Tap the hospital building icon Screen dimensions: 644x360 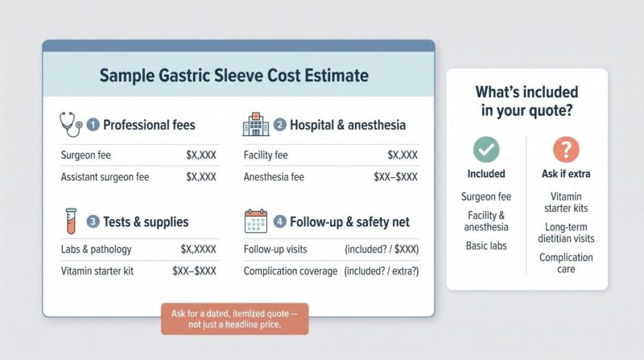[x=256, y=124]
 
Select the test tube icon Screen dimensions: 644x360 [x=71, y=221]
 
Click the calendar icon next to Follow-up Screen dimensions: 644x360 [x=256, y=221]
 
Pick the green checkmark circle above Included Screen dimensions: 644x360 [x=486, y=150]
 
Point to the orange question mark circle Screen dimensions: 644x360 [x=566, y=150]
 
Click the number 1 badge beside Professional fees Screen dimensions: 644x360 [x=93, y=125]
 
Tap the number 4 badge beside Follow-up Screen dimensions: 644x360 [x=279, y=222]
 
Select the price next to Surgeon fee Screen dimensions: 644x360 [x=200, y=155]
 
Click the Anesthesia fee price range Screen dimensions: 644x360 [x=395, y=176]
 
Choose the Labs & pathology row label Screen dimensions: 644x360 [x=96, y=249]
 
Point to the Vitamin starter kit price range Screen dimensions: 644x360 [x=194, y=271]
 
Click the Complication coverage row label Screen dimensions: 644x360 [x=291, y=271]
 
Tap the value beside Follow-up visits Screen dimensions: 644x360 [x=382, y=250]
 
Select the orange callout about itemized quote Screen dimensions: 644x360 [x=234, y=319]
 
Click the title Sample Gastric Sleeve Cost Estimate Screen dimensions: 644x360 [x=234, y=76]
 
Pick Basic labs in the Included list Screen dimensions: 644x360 [x=486, y=246]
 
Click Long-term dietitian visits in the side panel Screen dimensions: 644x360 [x=566, y=233]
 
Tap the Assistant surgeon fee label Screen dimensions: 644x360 [x=105, y=177]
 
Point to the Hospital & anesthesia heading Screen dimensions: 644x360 [x=348, y=125]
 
